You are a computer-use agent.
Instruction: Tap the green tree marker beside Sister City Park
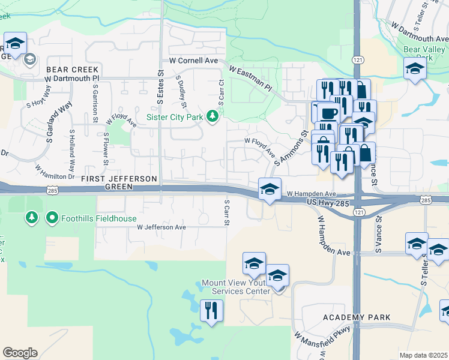212,116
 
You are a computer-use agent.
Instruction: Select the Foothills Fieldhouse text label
96,217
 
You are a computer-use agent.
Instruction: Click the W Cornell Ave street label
193,61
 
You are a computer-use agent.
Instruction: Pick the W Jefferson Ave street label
161,227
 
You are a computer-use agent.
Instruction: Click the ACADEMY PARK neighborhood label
357,317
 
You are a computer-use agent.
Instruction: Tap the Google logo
20,353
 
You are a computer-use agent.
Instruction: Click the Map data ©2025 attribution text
423,355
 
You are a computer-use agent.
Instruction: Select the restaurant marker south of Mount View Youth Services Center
211,311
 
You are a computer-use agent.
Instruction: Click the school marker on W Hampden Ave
270,189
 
